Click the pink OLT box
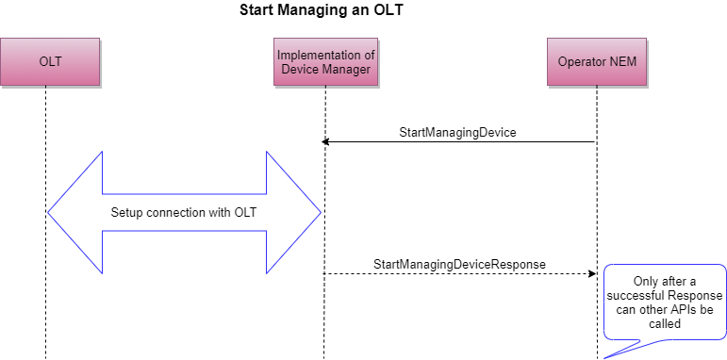pos(49,62)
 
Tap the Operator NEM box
pos(596,62)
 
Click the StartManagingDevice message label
pos(457,133)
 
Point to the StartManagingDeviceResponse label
pos(459,264)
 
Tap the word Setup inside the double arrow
pos(128,212)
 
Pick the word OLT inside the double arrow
pos(243,212)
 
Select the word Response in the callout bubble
pos(695,294)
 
